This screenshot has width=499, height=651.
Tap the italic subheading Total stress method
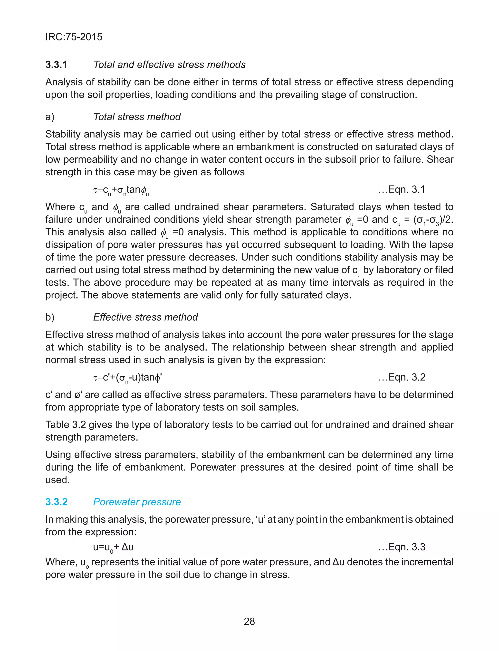pyautogui.click(x=137, y=117)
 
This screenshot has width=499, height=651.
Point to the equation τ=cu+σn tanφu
pyautogui.click(x=121, y=190)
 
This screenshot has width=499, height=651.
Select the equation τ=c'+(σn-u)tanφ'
pyautogui.click(x=127, y=378)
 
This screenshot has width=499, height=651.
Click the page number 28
pyautogui.click(x=249, y=621)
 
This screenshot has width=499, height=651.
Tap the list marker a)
pyautogui.click(x=50, y=117)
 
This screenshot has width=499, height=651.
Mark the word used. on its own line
pyautogui.click(x=57, y=480)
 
